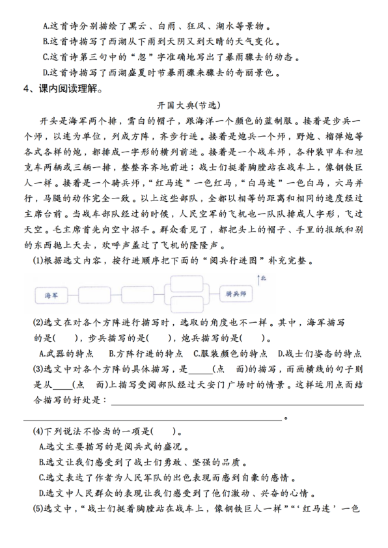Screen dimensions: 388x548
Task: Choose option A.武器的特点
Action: point(67,353)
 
